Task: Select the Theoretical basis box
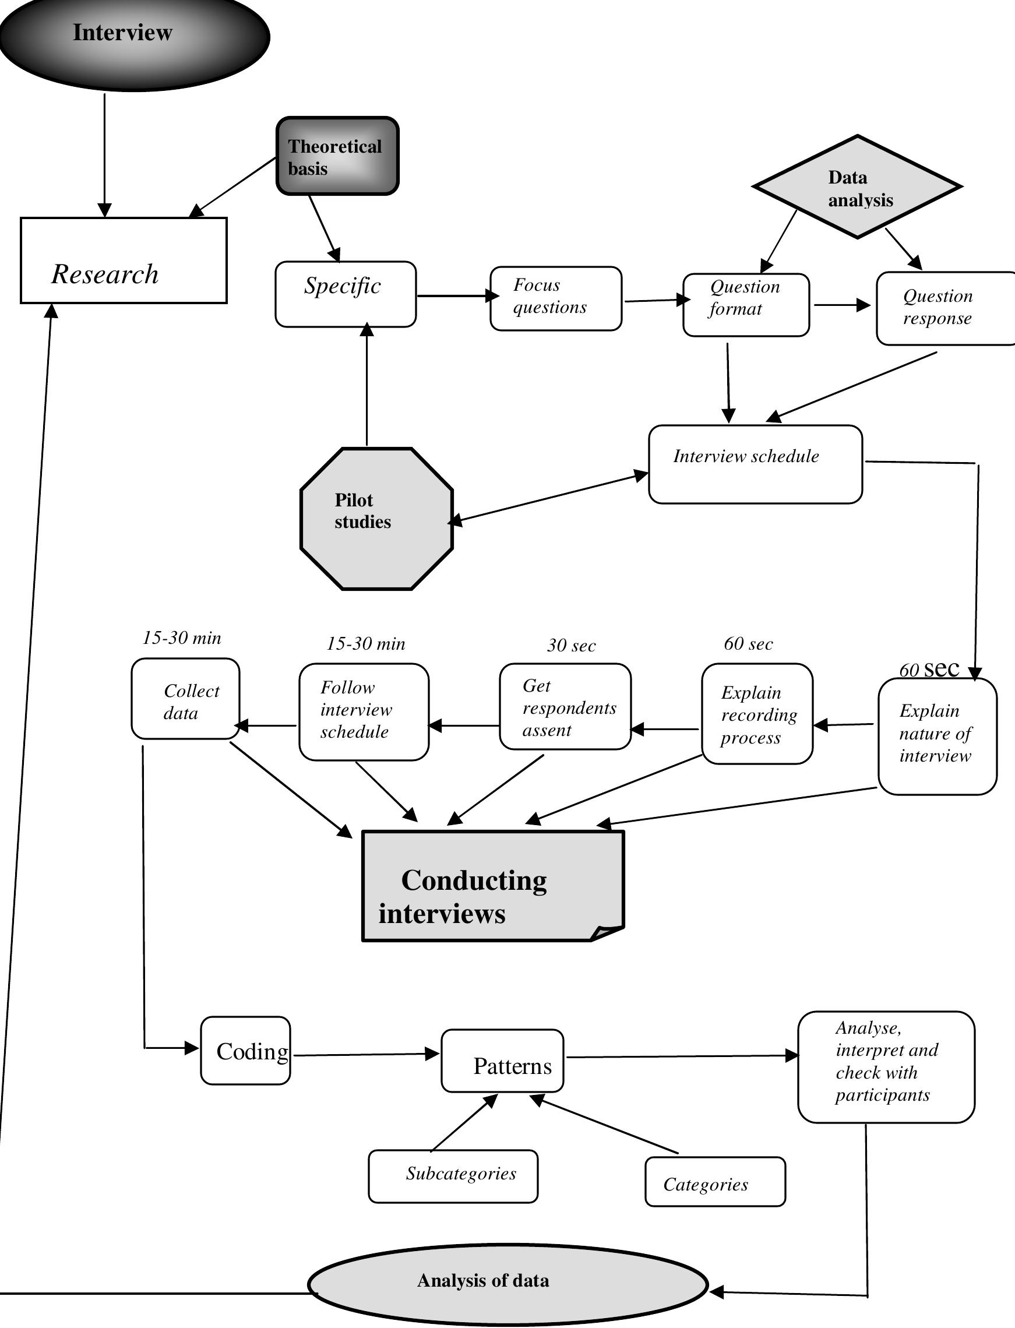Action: (x=337, y=157)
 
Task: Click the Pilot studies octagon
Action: (x=376, y=519)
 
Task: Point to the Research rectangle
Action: (x=124, y=260)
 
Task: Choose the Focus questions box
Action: (x=555, y=298)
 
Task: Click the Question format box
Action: (x=746, y=305)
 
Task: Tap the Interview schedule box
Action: (x=755, y=464)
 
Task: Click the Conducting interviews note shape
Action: (x=492, y=886)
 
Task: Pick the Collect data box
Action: (x=185, y=699)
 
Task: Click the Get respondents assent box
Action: (x=565, y=707)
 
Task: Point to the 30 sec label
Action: (x=571, y=645)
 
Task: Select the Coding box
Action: (x=245, y=1051)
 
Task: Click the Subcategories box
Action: (x=453, y=1176)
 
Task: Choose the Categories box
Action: (x=715, y=1182)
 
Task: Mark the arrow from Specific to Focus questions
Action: (x=456, y=296)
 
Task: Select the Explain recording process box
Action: (x=757, y=714)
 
